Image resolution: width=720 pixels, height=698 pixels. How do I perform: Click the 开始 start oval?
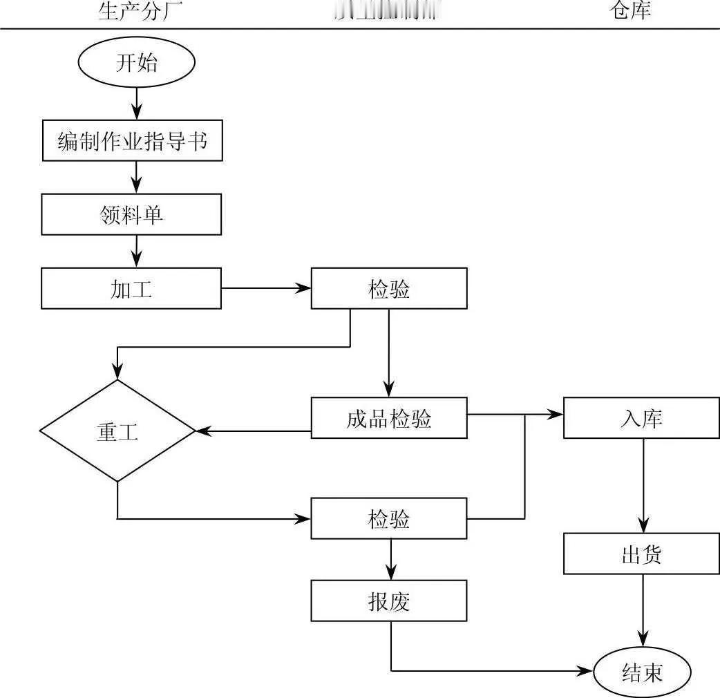click(x=137, y=63)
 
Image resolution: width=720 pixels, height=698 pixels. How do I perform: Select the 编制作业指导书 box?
click(x=132, y=141)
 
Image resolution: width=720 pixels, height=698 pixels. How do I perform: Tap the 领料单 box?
click(x=131, y=214)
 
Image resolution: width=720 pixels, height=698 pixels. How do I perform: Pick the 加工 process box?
click(x=131, y=289)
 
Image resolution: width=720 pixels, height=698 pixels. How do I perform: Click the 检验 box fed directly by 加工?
click(x=389, y=289)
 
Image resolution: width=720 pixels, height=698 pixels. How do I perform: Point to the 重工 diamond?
click(x=117, y=431)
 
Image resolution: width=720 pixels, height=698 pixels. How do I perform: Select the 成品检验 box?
click(x=389, y=418)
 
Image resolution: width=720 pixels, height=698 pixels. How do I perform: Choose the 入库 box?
click(x=642, y=418)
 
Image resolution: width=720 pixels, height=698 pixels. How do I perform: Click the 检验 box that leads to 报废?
click(x=389, y=518)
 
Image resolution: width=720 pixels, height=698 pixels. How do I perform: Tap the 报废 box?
click(x=389, y=601)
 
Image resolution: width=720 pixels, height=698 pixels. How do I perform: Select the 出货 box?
click(x=642, y=554)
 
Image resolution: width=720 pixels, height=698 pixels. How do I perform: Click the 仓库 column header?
click(x=630, y=10)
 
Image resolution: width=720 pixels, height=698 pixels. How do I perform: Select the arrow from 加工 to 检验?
click(x=266, y=289)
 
